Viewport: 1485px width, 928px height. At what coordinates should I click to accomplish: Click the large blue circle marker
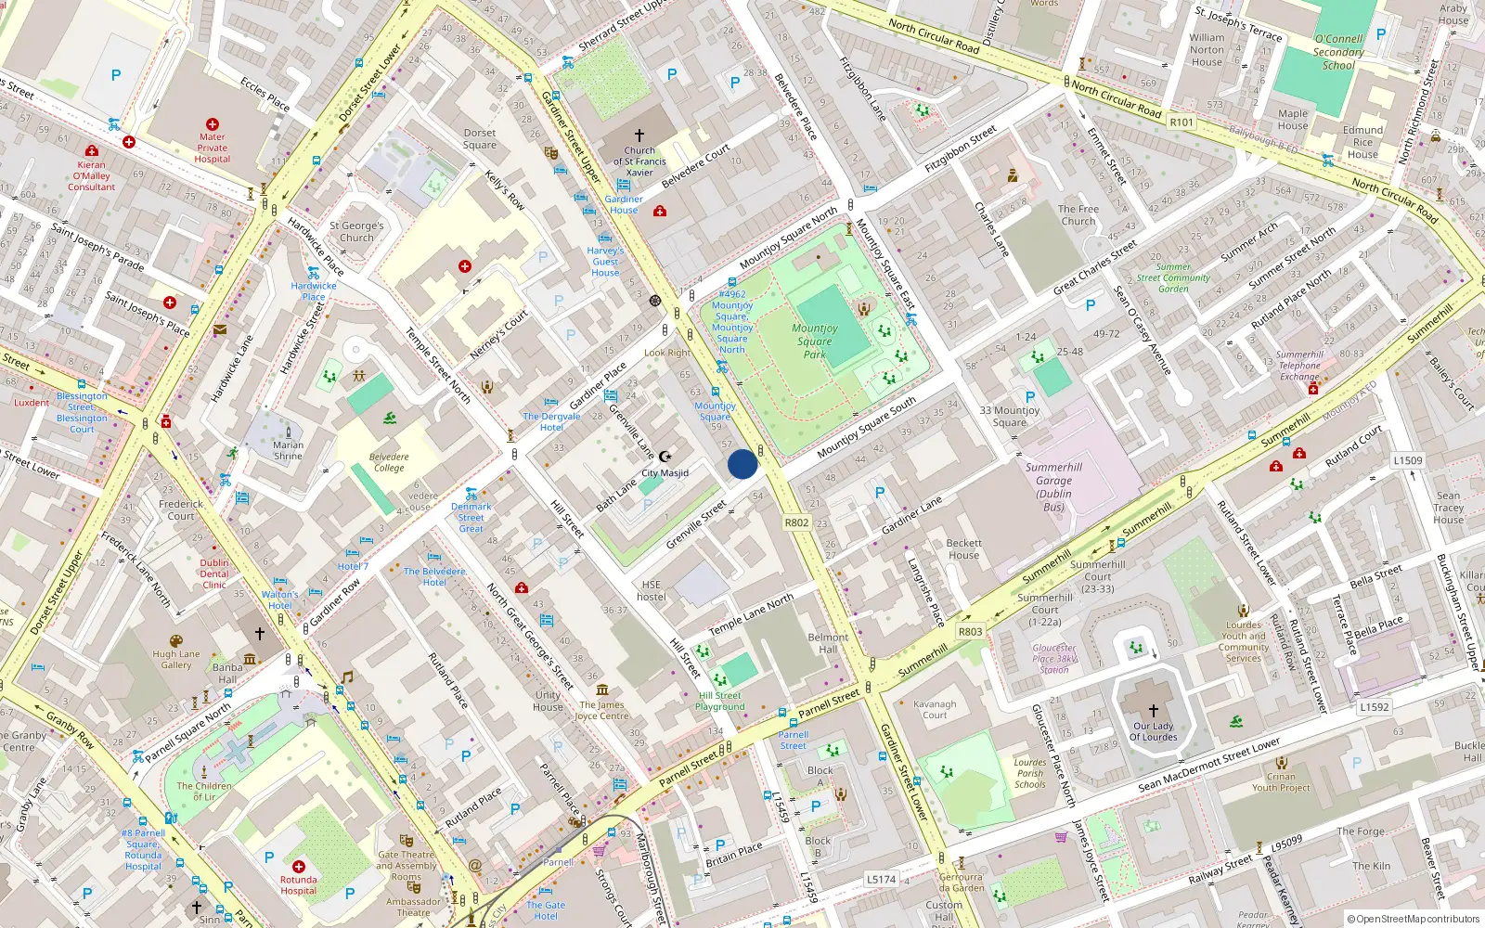742,464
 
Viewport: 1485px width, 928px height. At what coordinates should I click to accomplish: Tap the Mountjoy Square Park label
814,341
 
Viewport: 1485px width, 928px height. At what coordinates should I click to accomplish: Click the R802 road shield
796,522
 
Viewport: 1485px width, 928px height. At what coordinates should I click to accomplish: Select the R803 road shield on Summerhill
970,631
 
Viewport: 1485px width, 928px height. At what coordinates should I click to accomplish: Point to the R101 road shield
1182,122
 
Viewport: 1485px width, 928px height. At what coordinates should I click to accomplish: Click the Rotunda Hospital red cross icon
299,866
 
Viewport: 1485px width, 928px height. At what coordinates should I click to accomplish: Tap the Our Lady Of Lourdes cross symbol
1154,710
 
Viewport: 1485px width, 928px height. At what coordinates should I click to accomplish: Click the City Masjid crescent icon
665,457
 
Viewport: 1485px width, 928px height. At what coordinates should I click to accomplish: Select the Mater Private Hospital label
213,148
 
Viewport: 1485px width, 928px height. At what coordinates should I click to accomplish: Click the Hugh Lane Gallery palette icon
176,641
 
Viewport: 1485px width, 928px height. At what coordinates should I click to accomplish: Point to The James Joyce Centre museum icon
602,690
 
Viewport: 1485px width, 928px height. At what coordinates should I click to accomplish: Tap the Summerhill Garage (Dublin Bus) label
1053,487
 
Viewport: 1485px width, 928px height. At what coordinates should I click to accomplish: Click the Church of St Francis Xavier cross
639,135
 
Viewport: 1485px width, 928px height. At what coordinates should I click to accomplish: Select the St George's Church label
356,231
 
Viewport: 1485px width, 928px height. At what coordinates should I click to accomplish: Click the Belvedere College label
389,462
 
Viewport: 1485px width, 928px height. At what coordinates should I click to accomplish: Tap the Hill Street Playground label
720,701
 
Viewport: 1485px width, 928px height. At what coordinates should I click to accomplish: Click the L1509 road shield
1407,460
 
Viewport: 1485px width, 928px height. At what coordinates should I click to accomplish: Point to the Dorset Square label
480,139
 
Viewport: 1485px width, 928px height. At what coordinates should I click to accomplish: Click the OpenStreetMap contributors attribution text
1413,919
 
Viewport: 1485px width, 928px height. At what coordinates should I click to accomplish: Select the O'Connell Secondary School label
1338,52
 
